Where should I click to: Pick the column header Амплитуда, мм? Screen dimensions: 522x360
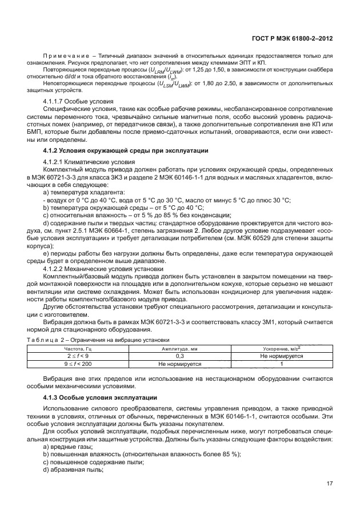pos(179,348)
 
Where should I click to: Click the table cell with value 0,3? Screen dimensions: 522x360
pos(179,355)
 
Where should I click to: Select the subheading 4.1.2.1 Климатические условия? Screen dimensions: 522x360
pos(89,162)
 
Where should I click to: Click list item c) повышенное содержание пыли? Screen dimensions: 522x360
pos(90,461)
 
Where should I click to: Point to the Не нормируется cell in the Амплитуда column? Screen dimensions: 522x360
pos(179,362)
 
